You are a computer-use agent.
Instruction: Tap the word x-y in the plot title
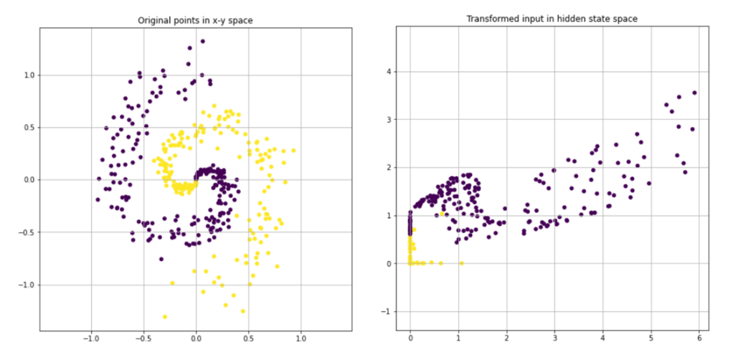pyautogui.click(x=216, y=21)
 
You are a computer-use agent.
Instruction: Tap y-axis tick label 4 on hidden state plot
pyautogui.click(x=388, y=71)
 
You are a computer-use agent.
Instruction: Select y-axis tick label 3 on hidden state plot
pyautogui.click(x=388, y=119)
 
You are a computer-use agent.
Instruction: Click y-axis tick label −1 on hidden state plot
pyautogui.click(x=385, y=311)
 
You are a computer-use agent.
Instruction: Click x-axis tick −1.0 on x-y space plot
pyautogui.click(x=90, y=338)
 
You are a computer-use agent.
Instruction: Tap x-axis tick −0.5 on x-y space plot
pyautogui.click(x=143, y=338)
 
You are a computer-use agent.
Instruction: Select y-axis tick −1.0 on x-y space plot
pyautogui.click(x=27, y=285)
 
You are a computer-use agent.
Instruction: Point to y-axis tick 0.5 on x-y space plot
pyautogui.click(x=29, y=127)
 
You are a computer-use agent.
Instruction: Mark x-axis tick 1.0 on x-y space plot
pyautogui.click(x=301, y=338)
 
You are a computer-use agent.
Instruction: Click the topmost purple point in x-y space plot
pyautogui.click(x=202, y=42)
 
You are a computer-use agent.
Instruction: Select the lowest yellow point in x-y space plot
pyautogui.click(x=165, y=316)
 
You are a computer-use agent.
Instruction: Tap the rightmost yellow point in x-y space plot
pyautogui.click(x=293, y=150)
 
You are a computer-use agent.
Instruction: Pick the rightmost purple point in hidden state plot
pyautogui.click(x=694, y=93)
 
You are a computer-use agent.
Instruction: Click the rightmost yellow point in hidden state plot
pyautogui.click(x=461, y=263)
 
